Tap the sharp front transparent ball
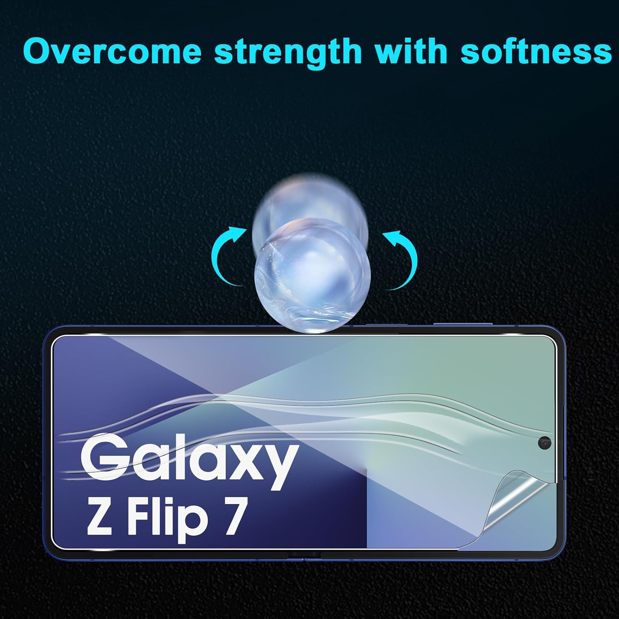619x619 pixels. click(x=313, y=275)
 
